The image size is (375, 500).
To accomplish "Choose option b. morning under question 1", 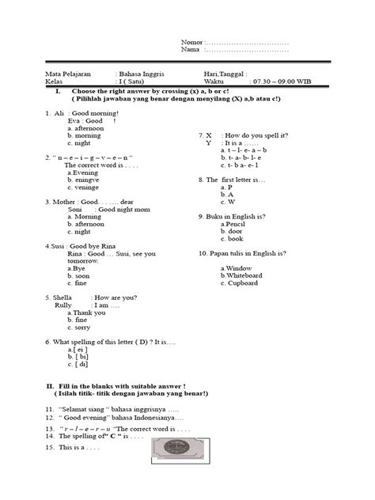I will [x=85, y=135].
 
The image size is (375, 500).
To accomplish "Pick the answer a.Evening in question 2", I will [x=83, y=172].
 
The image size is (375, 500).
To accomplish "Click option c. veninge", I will [x=84, y=187].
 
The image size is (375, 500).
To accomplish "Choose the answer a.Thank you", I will [x=85, y=312].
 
